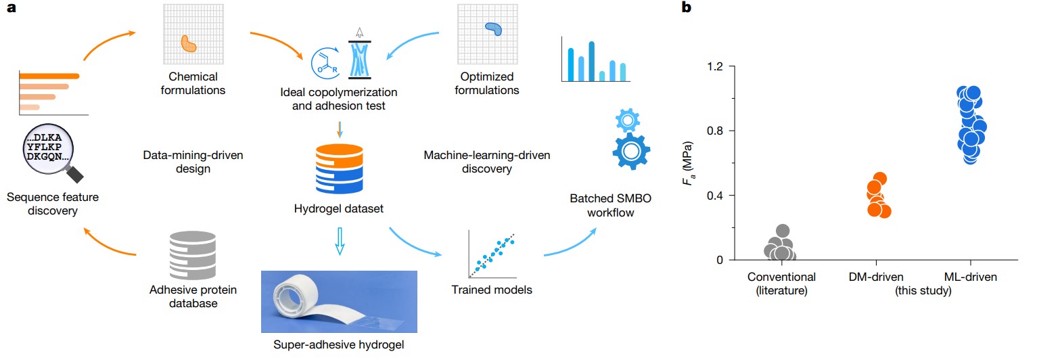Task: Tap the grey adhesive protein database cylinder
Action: click(193, 255)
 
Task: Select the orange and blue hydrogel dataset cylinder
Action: click(340, 168)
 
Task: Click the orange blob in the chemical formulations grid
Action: click(189, 44)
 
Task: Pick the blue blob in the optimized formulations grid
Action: click(494, 28)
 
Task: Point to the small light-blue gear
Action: click(628, 120)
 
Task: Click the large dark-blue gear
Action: click(631, 151)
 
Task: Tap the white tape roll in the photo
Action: click(296, 299)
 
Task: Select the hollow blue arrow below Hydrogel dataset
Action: click(340, 242)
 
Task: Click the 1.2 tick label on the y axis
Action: click(715, 66)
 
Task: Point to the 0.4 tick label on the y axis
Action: click(715, 196)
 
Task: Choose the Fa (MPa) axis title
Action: click(688, 163)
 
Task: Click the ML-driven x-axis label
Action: click(970, 277)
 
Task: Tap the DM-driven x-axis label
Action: click(876, 277)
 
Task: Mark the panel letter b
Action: click(687, 7)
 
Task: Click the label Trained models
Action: click(492, 290)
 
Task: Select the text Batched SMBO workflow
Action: click(611, 205)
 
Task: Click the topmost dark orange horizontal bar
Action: click(49, 76)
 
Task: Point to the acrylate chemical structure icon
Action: click(325, 64)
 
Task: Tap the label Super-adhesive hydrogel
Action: click(338, 344)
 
